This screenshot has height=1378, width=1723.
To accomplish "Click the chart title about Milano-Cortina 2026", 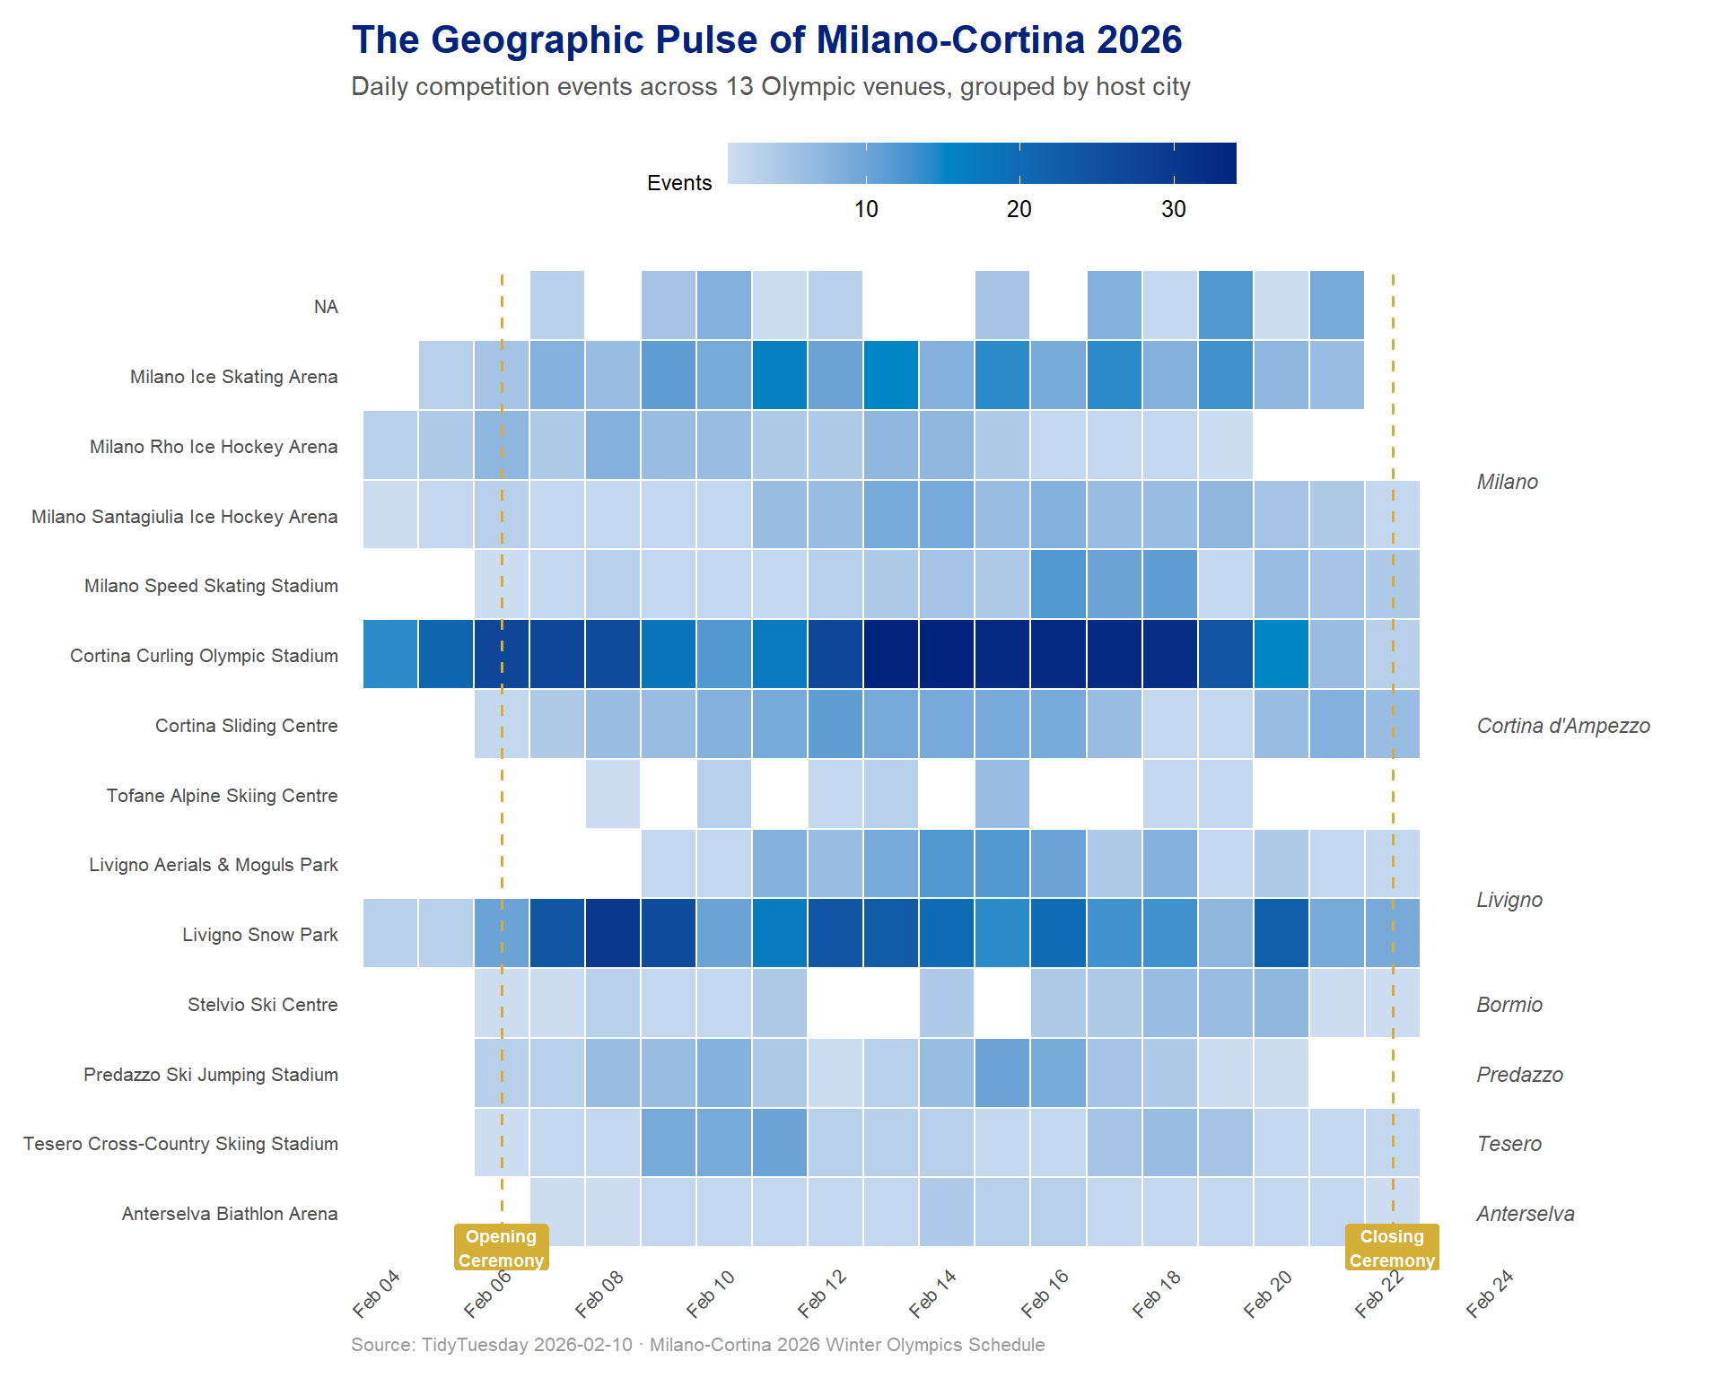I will coord(766,40).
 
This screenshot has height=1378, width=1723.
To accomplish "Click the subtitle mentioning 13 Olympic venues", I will coord(770,87).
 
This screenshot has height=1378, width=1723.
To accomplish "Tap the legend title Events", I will coord(679,183).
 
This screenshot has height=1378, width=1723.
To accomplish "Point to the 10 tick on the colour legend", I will coord(866,209).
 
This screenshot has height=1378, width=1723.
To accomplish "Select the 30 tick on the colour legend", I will coord(1174,209).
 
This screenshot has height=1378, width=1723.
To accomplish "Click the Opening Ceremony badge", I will coord(501,1248).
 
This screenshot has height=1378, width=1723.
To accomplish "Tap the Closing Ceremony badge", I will coord(1392,1248).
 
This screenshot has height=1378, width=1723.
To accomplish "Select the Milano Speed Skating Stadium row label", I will coord(211,586).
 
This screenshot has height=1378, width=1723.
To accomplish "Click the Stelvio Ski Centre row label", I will coord(262,1005).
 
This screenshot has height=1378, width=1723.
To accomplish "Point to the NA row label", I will coord(326,307).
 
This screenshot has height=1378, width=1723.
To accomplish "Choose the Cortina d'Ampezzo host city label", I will coord(1563,726).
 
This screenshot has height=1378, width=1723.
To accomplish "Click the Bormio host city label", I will coord(1509,1005).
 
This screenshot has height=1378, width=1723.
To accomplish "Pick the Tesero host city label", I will coord(1509,1144).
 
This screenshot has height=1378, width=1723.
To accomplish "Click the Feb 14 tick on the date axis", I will coord(933,1294).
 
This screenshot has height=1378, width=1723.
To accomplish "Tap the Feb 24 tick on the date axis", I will coord(1491,1294).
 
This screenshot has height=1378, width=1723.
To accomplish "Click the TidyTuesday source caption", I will coord(697,1345).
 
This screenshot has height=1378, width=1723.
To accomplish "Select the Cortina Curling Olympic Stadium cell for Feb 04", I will coord(390,654).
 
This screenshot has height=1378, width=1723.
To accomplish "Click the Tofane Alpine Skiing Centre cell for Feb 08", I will coord(613,794).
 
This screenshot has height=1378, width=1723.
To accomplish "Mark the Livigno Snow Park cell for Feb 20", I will coord(1281,933).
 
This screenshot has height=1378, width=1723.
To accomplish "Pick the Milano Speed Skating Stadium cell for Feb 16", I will coord(1059,584).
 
